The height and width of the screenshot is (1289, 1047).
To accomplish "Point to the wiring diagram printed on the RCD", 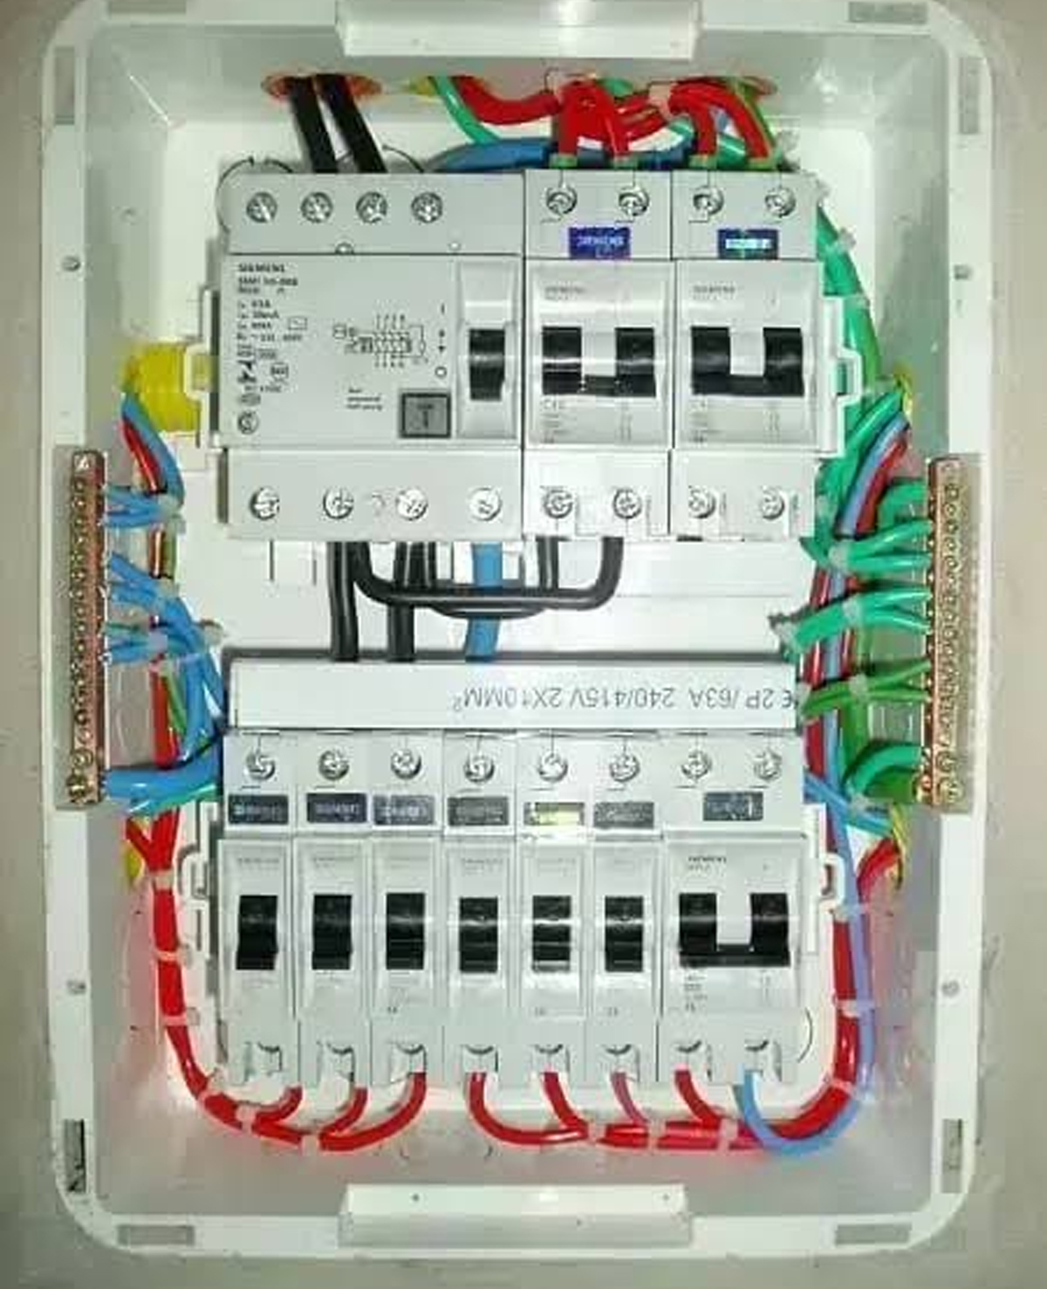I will [380, 337].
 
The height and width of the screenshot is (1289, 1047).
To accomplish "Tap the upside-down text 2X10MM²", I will [494, 699].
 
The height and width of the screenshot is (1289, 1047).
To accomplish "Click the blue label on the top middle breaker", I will [598, 239].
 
